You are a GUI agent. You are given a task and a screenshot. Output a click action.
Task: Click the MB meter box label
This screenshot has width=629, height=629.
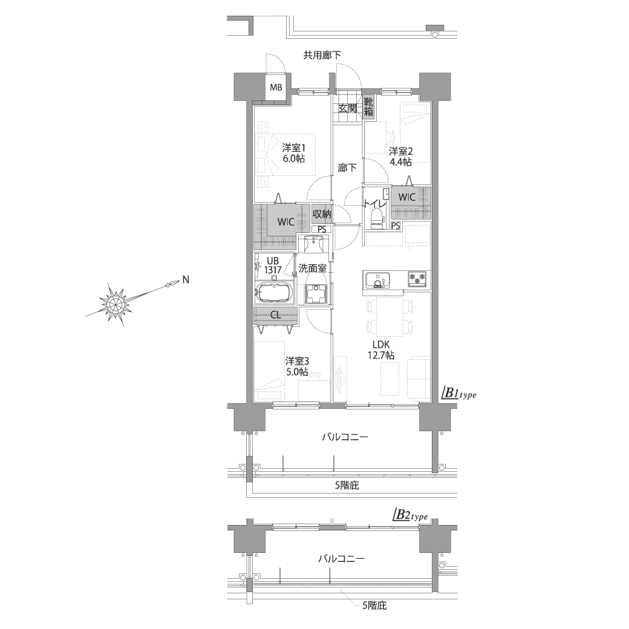pos(276,87)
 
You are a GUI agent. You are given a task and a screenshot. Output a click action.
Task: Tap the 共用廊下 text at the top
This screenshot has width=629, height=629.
pos(322,55)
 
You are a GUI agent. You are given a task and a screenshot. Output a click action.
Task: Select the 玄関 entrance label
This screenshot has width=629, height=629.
pos(347,108)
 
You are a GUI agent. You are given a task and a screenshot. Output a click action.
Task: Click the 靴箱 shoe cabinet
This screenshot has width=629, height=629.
pos(368,106)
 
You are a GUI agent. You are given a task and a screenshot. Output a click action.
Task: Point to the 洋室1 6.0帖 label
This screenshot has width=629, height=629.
pos(293,153)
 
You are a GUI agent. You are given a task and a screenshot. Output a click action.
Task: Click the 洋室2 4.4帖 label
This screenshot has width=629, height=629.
pos(400,157)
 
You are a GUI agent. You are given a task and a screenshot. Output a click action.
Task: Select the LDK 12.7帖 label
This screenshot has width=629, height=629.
pos(381,350)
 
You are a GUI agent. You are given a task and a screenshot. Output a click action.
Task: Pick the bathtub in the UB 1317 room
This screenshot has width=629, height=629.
pos(275,293)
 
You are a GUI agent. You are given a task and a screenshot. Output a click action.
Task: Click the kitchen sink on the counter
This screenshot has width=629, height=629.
pos(377,279)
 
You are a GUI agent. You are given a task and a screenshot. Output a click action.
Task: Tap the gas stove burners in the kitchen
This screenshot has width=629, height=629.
pos(417,278)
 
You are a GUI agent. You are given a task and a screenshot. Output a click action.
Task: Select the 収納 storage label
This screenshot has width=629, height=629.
pos(322,214)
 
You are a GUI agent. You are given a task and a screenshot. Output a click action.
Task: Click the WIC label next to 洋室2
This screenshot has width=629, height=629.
pos(407,197)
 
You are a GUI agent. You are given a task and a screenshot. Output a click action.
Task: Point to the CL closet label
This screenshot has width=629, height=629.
pos(276,315)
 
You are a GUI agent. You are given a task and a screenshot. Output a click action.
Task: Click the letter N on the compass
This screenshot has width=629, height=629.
pos(186,280)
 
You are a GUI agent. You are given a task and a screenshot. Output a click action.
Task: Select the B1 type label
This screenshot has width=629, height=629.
pos(459,393)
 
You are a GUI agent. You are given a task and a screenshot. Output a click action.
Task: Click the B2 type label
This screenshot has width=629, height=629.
pos(410,515)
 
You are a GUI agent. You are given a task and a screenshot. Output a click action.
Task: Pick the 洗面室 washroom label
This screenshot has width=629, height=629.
pos(313,269)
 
